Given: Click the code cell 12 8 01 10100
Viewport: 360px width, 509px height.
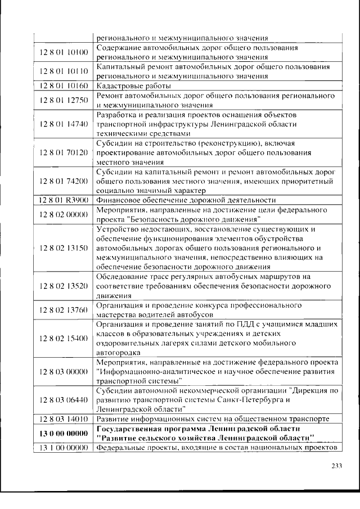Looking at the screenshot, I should tap(64, 53).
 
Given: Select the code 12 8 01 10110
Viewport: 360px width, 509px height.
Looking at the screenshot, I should tap(64, 71).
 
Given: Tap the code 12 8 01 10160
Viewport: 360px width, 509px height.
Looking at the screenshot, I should tap(64, 85).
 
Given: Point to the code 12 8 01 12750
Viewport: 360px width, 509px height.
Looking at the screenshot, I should tap(64, 100).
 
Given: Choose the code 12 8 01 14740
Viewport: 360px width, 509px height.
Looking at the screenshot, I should tap(64, 124).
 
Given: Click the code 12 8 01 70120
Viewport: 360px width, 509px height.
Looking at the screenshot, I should tap(64, 152).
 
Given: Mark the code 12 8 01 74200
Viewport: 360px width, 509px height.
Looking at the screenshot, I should tap(64, 181).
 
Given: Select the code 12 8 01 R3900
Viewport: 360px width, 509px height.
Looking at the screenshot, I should tap(64, 200).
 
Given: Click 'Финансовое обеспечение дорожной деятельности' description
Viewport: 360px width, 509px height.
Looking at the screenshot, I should tap(186, 200).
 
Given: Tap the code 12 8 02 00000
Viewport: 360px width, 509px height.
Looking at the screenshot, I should tap(64, 214).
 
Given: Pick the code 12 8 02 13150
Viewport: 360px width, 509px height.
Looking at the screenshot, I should tap(64, 248).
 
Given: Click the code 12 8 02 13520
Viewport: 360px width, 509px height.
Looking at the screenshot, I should tap(64, 286).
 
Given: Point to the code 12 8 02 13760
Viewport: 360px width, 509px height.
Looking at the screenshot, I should tap(64, 310).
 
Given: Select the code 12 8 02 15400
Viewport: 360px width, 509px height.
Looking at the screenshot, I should tap(64, 338).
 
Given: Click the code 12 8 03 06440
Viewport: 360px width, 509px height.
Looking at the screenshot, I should tap(64, 400).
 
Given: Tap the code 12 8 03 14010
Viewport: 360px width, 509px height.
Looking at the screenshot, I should tap(64, 419).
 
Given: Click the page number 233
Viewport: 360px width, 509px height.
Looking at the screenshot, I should tap(336, 465).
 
